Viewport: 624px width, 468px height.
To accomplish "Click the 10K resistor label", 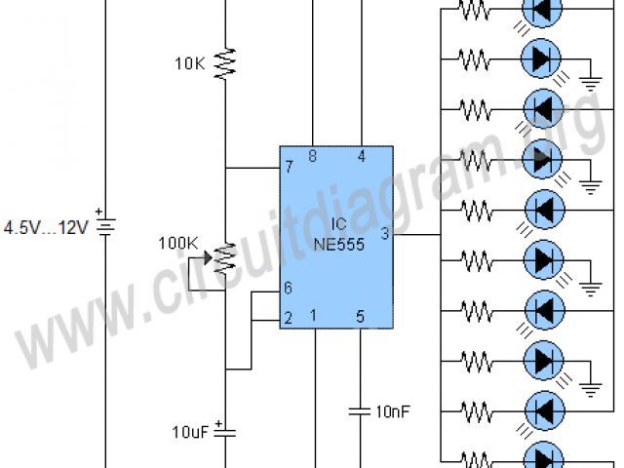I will coord(190,63).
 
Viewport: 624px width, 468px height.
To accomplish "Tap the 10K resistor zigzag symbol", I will coord(225,63).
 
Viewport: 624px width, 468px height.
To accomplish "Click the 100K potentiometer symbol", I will coord(224,257).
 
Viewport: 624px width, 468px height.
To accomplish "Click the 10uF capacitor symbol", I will coord(225,431).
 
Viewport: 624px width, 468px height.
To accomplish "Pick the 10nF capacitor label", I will coord(393,412).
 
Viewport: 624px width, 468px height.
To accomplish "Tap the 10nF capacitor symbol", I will coord(361,411).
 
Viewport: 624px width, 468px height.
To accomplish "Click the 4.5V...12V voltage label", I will coord(45,228).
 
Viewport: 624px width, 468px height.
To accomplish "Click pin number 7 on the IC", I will coord(289,168).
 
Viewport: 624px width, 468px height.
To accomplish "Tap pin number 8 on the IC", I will coord(312,156).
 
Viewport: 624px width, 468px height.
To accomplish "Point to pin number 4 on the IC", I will coord(361,156).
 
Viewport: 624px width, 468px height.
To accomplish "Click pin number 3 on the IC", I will coord(384,234).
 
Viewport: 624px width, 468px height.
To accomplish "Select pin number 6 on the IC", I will coord(288,290).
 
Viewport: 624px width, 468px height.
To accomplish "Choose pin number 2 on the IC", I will coord(288,318).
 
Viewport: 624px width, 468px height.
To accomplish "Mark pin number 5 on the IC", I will coord(361,316).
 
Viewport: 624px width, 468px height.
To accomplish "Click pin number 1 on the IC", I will coord(313,316).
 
